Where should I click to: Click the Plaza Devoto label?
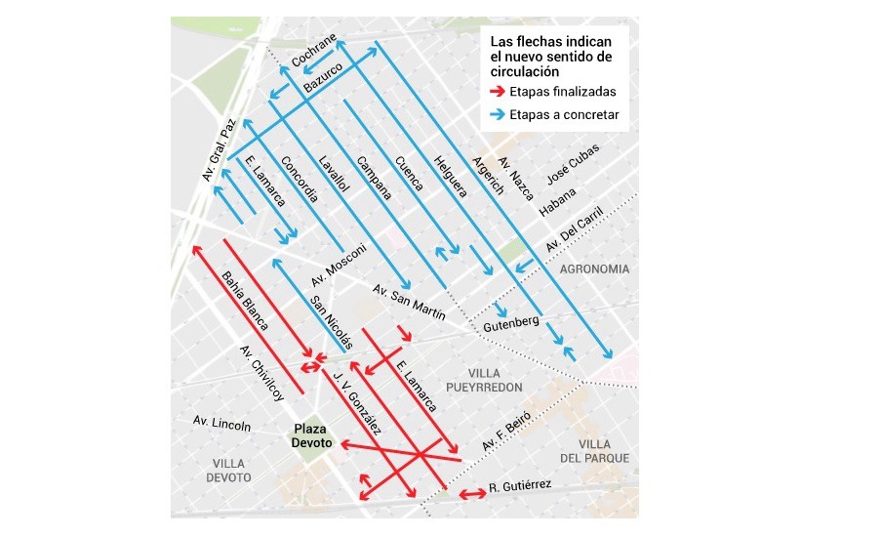pos(312,435)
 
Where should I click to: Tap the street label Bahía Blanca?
pos(239,298)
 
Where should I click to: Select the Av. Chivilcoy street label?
pos(261,374)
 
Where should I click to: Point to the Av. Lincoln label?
pos(221,424)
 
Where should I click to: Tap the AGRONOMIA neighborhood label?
pos(595,268)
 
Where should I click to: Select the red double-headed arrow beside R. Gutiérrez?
pos(472,494)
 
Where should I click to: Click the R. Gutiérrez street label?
pos(521,485)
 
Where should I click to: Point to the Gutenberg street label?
pos(511,322)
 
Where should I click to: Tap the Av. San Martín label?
pos(409,303)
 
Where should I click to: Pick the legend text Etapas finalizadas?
pos(562,92)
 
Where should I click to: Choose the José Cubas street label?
pos(573,171)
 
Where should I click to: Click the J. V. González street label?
pos(357,402)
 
